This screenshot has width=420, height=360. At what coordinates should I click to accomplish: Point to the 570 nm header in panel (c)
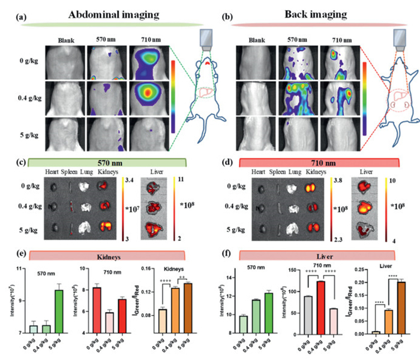coord(111,163)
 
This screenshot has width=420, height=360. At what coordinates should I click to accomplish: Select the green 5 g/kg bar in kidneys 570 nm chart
coord(59,311)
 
